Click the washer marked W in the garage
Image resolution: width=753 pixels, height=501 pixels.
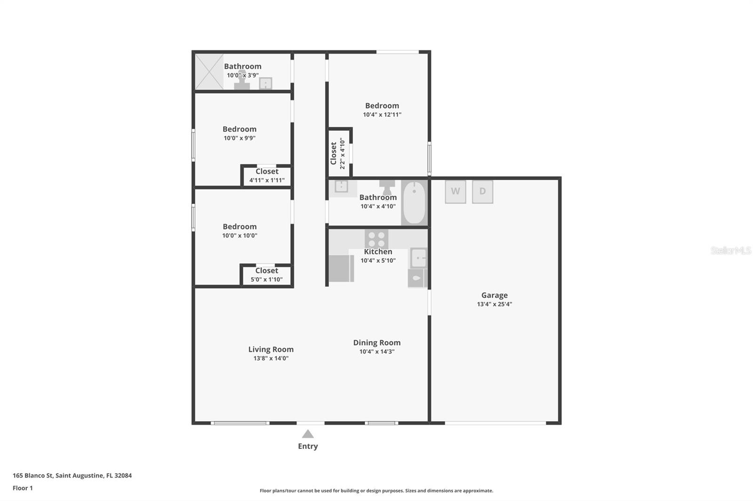pos(456,192)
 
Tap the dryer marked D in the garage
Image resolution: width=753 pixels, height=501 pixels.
pos(482,192)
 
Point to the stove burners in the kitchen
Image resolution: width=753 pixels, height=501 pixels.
pos(376,239)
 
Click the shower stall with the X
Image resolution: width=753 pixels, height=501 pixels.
pos(209,72)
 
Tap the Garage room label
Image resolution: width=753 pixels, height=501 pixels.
pos(495,295)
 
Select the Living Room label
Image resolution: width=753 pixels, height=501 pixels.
pos(271,349)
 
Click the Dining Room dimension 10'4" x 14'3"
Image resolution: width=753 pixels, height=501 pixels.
pos(377,352)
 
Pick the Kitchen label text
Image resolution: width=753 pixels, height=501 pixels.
pos(378,251)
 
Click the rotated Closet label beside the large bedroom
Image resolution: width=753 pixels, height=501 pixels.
pos(334,153)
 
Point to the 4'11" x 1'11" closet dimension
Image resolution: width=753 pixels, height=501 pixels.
pos(267,180)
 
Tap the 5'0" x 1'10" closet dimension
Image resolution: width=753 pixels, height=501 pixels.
pos(266,279)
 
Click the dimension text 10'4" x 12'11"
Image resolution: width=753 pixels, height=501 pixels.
pos(382,115)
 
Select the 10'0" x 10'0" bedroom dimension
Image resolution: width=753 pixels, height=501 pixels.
pos(240,236)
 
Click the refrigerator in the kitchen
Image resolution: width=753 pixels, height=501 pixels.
pos(341,268)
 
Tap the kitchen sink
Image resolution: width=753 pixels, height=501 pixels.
pos(418,258)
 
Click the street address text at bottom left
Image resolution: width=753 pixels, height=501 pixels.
pos(72,476)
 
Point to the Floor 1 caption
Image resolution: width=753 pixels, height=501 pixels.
pos(23,488)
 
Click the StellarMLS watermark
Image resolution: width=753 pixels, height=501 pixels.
pos(731,250)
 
